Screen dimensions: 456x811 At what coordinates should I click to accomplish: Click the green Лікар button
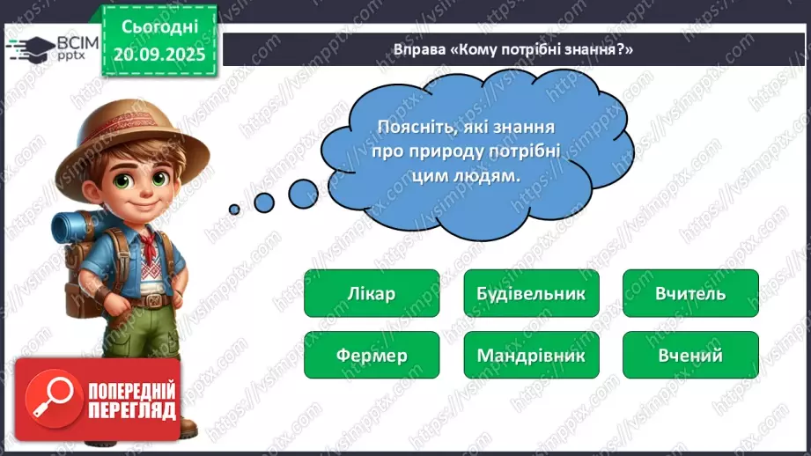371,293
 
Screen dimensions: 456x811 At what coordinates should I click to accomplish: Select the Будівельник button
530,293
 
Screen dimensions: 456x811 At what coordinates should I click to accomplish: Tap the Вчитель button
690,293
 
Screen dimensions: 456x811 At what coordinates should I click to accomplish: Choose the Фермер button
371,356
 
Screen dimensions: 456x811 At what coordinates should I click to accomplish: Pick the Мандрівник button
530,356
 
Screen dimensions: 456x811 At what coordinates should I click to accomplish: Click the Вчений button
690,356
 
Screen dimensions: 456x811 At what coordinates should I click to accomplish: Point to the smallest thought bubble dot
234,210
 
